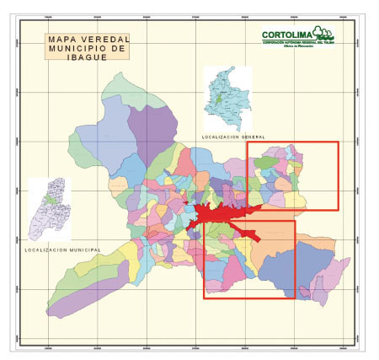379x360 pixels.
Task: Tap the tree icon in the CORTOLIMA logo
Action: pyautogui.click(x=323, y=33)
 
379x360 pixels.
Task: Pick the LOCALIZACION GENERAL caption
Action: pyautogui.click(x=232, y=137)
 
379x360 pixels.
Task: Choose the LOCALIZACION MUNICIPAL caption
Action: pyautogui.click(x=62, y=250)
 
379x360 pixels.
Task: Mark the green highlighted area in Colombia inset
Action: pyautogui.click(x=221, y=99)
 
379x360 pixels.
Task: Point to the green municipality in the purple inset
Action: pyautogui.click(x=52, y=201)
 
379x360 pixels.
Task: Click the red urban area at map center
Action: pyautogui.click(x=220, y=212)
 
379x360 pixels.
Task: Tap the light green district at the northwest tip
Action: pyautogui.click(x=118, y=83)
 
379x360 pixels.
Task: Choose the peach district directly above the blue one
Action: pyautogui.click(x=277, y=231)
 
